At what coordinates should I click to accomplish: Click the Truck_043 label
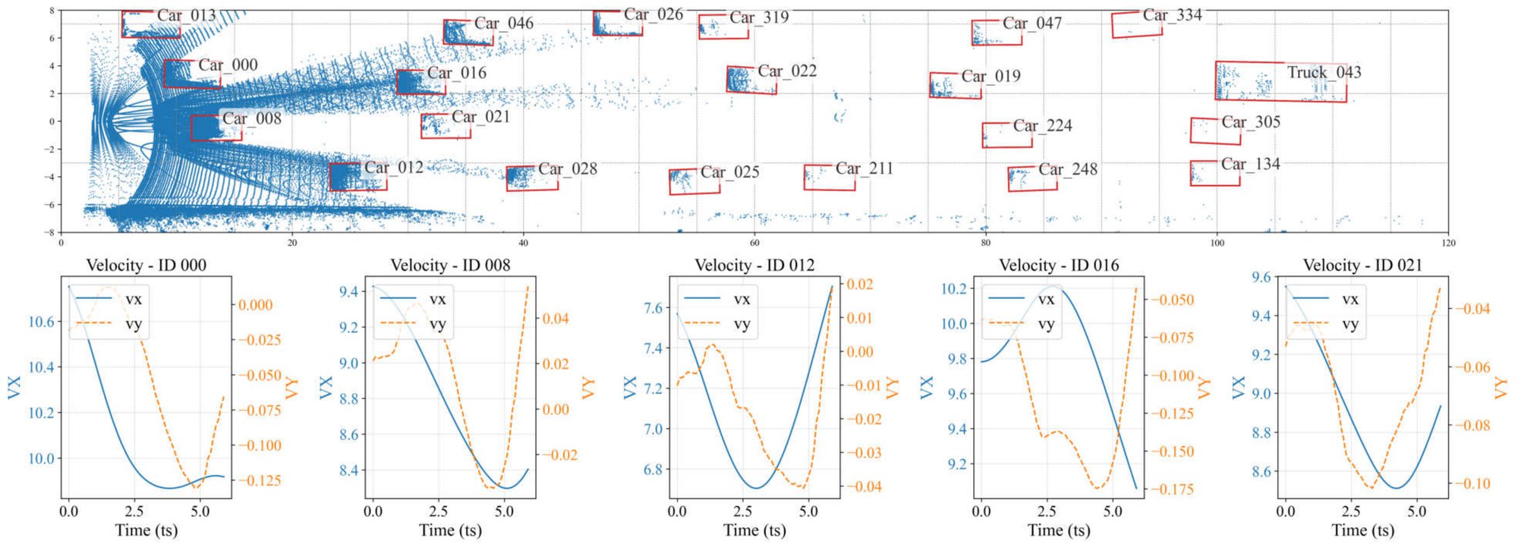(1324, 73)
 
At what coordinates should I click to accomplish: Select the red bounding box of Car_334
(1136, 25)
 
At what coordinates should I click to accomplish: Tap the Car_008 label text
(251, 118)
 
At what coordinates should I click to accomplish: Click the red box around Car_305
(1215, 131)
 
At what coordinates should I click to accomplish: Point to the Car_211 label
(864, 168)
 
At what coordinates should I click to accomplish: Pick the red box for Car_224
(1006, 135)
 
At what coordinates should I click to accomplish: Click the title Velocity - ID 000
(146, 265)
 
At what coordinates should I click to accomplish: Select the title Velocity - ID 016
(1059, 265)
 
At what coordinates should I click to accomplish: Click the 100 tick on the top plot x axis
(1217, 243)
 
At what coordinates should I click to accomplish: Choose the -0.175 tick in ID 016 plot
(1173, 489)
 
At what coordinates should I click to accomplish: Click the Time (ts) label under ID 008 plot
(450, 530)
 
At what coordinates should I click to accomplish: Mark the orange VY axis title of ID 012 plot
(893, 388)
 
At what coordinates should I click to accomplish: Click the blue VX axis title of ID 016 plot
(927, 388)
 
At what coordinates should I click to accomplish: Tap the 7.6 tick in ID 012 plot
(652, 308)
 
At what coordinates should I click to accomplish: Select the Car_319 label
(758, 17)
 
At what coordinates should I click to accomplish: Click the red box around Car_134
(1214, 173)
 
